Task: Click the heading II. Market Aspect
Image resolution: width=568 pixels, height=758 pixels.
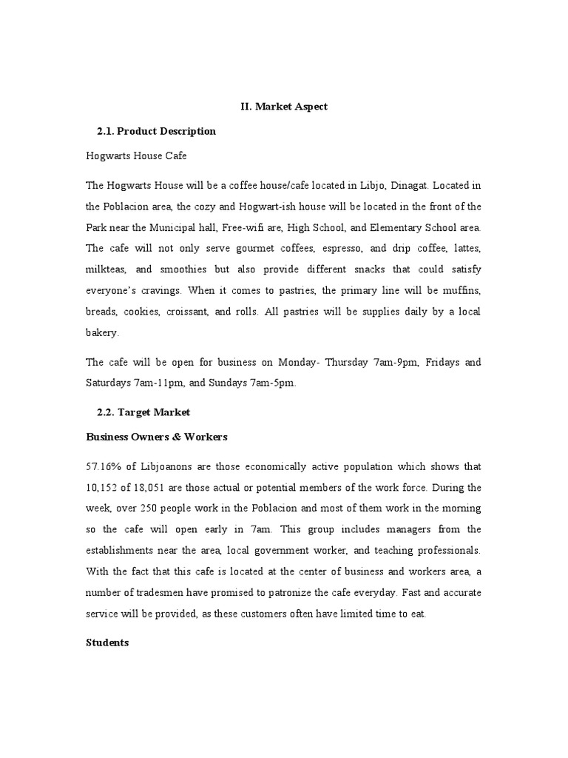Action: [x=284, y=107]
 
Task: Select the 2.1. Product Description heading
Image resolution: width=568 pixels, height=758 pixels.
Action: [x=156, y=131]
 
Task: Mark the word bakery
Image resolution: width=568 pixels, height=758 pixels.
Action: [x=102, y=333]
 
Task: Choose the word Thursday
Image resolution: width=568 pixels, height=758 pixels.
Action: [x=352, y=362]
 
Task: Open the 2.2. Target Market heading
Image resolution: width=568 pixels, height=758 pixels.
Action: [x=143, y=412]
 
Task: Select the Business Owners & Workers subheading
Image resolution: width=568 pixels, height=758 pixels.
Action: [x=157, y=436]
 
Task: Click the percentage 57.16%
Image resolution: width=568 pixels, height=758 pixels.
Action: [x=107, y=466]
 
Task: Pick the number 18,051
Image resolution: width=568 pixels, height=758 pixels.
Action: [x=162, y=487]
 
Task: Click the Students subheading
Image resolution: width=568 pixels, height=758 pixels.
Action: [x=108, y=643]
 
